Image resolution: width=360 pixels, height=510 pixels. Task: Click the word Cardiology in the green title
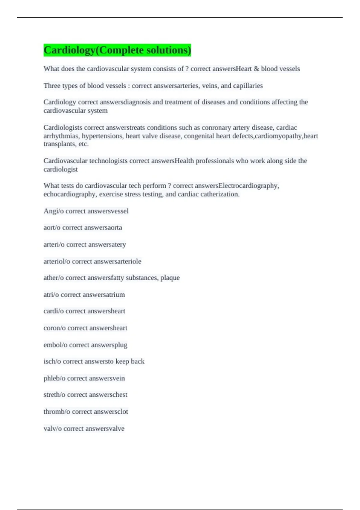point(69,50)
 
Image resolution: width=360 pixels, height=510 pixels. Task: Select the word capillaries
point(248,86)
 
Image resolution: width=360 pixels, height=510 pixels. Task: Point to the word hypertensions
point(103,136)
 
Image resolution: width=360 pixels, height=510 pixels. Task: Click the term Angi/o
point(53,211)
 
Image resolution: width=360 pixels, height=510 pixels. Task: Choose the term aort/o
point(52,228)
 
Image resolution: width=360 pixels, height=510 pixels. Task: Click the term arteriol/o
point(57,261)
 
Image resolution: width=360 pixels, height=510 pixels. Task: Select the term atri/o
point(51,295)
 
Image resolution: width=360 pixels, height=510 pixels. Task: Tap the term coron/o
point(54,328)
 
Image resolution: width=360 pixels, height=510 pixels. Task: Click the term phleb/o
point(54,378)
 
